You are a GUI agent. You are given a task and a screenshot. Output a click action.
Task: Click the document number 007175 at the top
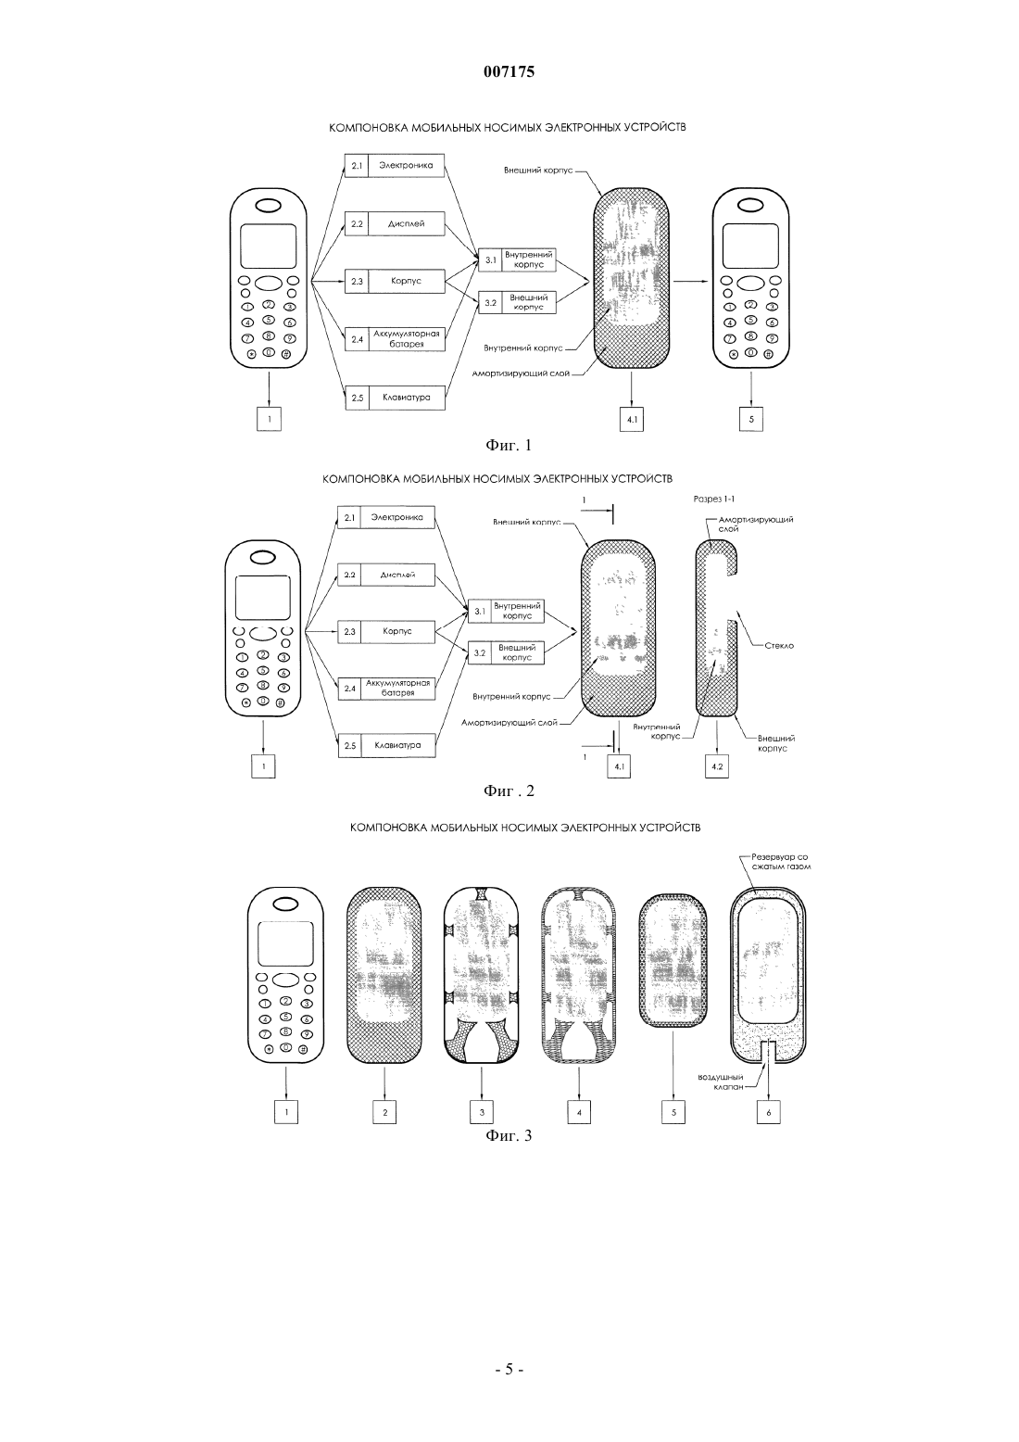[509, 71]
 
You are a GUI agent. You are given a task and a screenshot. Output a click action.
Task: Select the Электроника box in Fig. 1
[395, 166]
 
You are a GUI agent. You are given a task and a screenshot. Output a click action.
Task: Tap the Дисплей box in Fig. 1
[395, 223]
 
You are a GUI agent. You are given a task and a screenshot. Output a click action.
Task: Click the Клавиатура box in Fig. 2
[386, 745]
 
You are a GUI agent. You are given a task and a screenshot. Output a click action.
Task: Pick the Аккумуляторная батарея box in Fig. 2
[386, 689]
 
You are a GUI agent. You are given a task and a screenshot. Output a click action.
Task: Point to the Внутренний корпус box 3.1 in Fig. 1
[517, 259]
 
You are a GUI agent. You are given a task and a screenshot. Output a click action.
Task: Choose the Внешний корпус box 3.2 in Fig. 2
[506, 652]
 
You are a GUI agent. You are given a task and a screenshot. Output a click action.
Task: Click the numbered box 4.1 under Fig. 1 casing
[631, 420]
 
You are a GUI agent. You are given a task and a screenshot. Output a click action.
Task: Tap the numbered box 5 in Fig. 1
[750, 420]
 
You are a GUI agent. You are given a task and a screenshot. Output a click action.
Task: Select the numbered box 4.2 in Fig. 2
[717, 766]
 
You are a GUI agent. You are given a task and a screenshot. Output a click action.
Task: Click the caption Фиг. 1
[509, 446]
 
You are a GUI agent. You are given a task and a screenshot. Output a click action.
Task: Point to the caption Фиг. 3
[509, 1135]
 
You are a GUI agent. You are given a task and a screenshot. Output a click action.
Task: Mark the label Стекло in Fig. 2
[779, 646]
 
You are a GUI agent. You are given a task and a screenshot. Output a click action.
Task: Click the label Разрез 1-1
[714, 499]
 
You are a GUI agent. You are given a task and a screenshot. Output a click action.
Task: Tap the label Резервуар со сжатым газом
[780, 862]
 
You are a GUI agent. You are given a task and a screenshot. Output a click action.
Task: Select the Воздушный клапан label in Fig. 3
[721, 1081]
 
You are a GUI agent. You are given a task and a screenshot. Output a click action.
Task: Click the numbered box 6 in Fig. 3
[768, 1112]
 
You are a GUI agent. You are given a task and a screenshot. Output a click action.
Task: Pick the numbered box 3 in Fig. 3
[481, 1112]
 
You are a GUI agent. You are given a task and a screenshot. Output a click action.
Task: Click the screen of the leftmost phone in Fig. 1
[269, 246]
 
